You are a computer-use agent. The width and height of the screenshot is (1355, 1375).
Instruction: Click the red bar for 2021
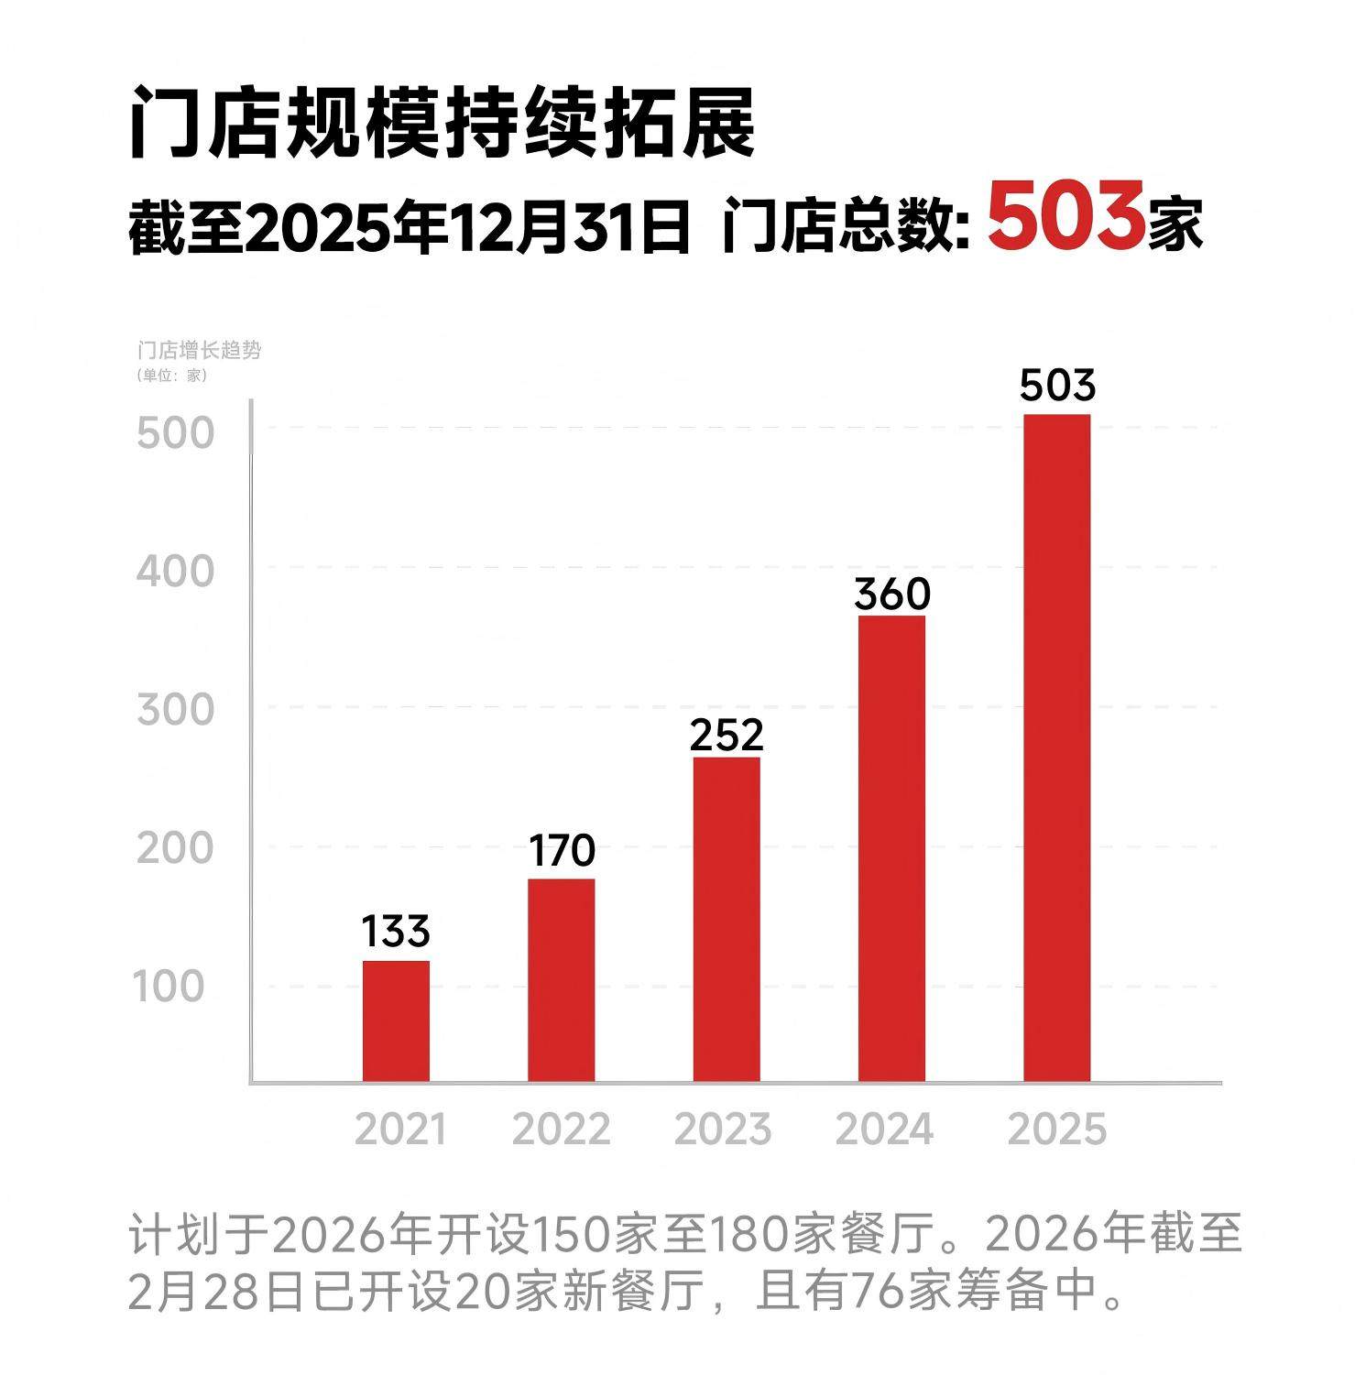pyautogui.click(x=396, y=1020)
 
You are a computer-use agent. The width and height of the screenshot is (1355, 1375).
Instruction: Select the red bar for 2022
pyautogui.click(x=561, y=980)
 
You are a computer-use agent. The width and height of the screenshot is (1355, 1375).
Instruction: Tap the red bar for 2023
pyautogui.click(x=727, y=919)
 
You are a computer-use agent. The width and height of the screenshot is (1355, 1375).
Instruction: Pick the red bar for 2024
pyautogui.click(x=891, y=848)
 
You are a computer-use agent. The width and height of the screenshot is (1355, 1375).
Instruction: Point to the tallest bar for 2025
pyautogui.click(x=1057, y=748)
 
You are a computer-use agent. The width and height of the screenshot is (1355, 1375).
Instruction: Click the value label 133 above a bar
pyautogui.click(x=396, y=932)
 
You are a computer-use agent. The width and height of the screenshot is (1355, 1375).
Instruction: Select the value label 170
pyautogui.click(x=562, y=851)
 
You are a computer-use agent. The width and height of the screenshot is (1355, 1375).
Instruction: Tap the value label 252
pyautogui.click(x=727, y=736)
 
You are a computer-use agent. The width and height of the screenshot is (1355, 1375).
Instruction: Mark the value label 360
pyautogui.click(x=892, y=595)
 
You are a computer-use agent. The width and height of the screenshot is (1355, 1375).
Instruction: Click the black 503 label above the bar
pyautogui.click(x=1057, y=386)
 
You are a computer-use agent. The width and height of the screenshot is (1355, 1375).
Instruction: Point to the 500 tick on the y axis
pyautogui.click(x=175, y=433)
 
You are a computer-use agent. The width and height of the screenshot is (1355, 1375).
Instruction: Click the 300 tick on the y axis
pyautogui.click(x=175, y=710)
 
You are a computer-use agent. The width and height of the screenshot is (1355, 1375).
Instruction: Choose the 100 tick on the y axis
pyautogui.click(x=169, y=988)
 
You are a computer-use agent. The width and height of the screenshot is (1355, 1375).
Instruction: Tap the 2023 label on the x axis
pyautogui.click(x=724, y=1129)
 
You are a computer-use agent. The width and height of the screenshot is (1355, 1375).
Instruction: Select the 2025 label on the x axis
pyautogui.click(x=1057, y=1129)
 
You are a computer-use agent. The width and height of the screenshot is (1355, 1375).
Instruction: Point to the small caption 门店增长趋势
pyautogui.click(x=199, y=351)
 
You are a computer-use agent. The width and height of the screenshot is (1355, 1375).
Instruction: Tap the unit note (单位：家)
pyautogui.click(x=171, y=376)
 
